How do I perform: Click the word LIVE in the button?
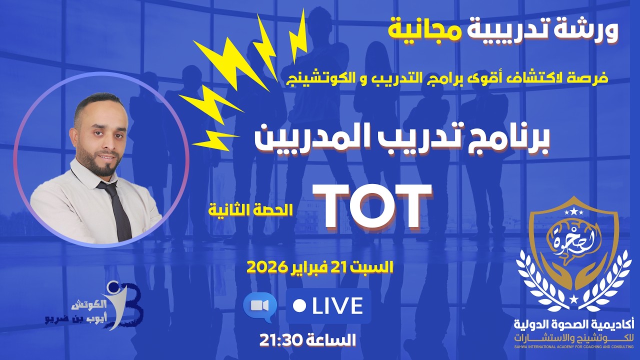(338, 306)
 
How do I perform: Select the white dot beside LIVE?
(300, 306)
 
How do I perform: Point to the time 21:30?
(280, 340)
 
